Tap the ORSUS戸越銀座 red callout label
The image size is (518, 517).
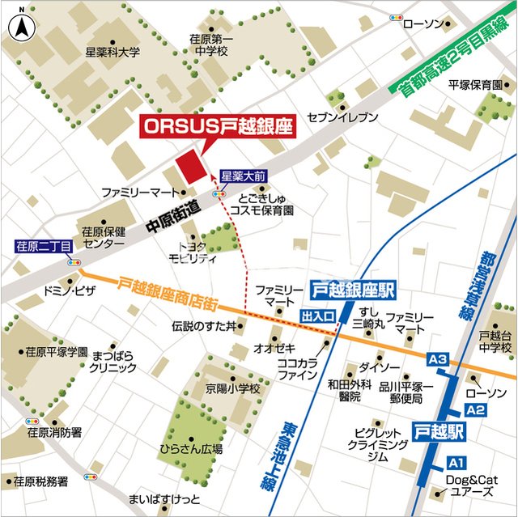216,127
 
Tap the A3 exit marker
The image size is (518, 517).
437,358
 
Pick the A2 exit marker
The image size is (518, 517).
476,410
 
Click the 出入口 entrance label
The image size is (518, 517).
317,315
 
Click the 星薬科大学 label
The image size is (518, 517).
113,52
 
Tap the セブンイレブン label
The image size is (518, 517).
342,117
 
